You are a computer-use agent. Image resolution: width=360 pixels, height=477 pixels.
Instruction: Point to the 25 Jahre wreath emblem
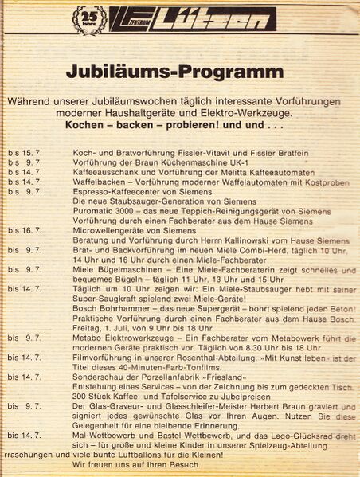pos(88,18)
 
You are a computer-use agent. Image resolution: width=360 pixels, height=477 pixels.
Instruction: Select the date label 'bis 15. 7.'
pos(25,151)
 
